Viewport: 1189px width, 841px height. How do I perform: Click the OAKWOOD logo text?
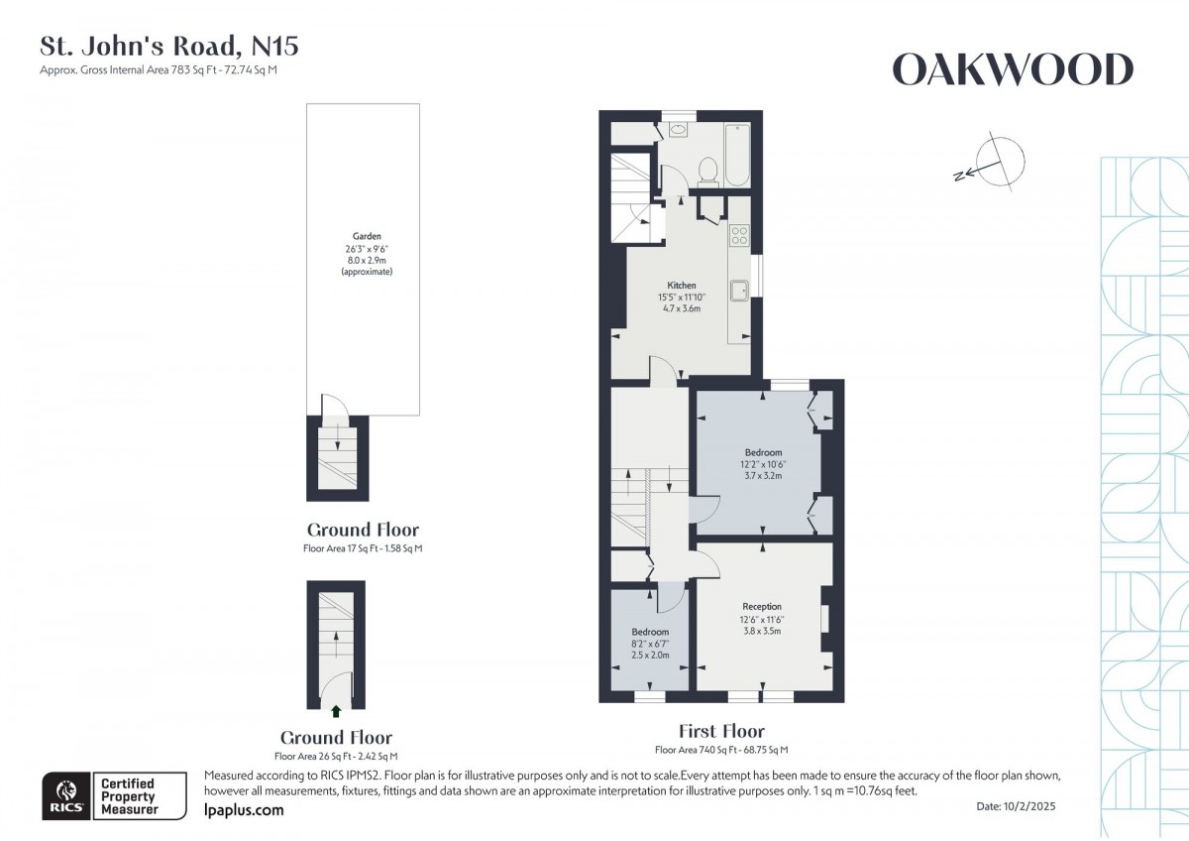click(x=1013, y=70)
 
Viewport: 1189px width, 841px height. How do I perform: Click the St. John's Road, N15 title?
click(x=168, y=46)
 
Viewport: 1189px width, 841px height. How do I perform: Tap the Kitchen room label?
click(x=681, y=286)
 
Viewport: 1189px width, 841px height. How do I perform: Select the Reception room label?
click(x=761, y=606)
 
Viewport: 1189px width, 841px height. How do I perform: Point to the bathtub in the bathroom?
click(x=736, y=155)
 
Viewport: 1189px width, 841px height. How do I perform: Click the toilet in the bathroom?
click(x=707, y=172)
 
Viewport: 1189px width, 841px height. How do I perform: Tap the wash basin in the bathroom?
click(x=680, y=129)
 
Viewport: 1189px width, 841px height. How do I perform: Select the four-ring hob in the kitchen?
click(x=739, y=235)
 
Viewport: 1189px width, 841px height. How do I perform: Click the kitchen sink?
click(x=739, y=290)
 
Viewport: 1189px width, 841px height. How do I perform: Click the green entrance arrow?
click(x=336, y=710)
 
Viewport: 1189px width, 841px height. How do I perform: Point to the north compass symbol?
click(x=996, y=162)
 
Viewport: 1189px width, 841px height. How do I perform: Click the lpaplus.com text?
click(x=243, y=810)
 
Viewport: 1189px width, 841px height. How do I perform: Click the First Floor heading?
click(x=721, y=732)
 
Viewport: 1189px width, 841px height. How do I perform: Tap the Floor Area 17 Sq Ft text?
click(x=363, y=548)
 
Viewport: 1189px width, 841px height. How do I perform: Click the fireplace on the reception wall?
click(x=825, y=617)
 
